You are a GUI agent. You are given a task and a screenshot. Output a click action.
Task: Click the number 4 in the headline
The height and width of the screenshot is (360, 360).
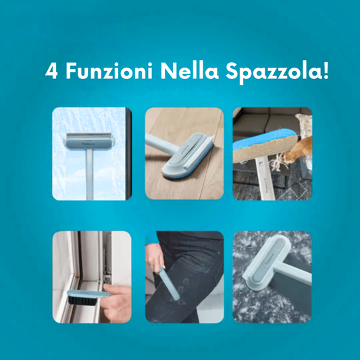click(x=51, y=70)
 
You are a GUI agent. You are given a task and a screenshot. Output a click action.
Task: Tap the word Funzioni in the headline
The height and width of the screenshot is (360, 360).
click(x=109, y=70)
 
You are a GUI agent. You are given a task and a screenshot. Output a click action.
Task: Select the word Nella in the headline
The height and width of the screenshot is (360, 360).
click(x=189, y=70)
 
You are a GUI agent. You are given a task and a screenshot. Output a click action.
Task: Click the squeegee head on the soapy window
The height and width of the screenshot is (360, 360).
click(x=89, y=141)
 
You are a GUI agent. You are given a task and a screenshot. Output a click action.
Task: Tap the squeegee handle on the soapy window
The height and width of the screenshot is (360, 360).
click(x=90, y=174)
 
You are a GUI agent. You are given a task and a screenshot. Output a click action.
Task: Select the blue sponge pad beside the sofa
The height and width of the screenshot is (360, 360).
click(x=264, y=140)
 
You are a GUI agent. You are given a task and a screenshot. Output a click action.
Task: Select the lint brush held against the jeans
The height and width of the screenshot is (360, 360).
click(x=170, y=283)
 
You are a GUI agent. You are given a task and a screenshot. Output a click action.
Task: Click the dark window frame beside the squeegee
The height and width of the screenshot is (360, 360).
click(x=128, y=153)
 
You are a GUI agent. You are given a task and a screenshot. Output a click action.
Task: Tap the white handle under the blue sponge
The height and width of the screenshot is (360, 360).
click(x=265, y=177)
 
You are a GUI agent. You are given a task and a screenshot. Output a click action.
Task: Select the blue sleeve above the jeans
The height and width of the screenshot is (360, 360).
click(x=151, y=240)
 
